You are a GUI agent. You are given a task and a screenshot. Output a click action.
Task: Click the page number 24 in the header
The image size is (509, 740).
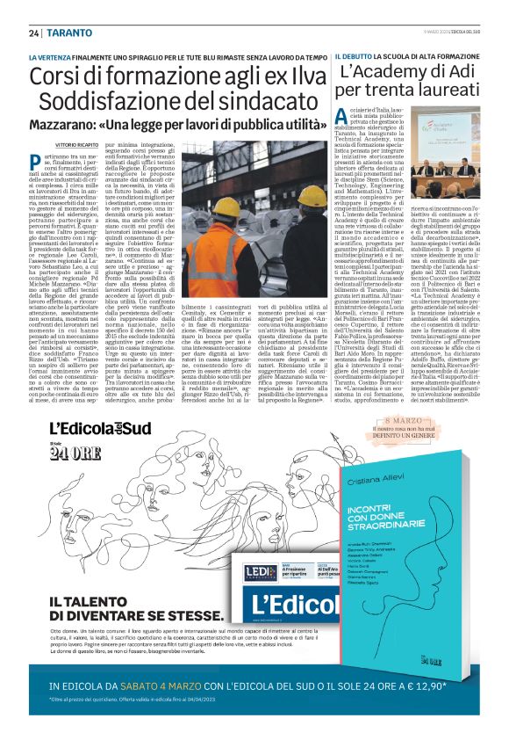pyautogui.click(x=33, y=33)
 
